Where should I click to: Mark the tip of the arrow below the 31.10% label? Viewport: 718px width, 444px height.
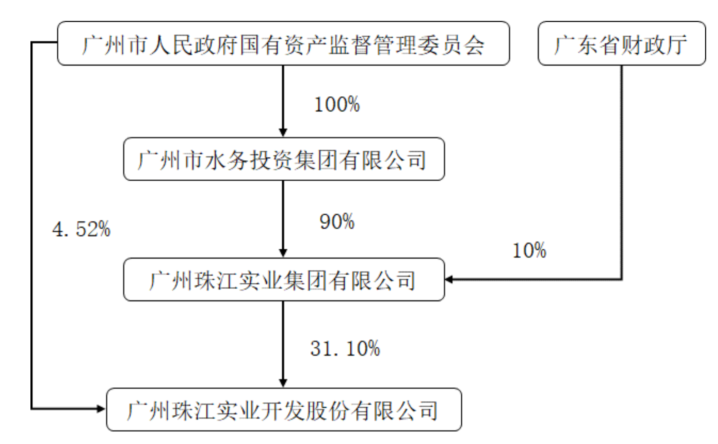coord(283,387)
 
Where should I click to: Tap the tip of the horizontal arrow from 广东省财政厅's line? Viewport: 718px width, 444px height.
coord(445,280)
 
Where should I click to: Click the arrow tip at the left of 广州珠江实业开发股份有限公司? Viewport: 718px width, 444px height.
coord(105,409)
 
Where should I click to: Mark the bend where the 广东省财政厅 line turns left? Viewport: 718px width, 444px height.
coord(622,280)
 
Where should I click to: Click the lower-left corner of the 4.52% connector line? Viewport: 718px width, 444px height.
coord(31,409)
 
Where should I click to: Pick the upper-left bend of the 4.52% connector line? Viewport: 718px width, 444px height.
coord(31,42)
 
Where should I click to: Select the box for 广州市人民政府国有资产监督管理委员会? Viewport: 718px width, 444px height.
coord(284,44)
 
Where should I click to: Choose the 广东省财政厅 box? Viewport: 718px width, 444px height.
coord(622,44)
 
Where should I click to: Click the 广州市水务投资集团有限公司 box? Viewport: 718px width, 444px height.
coord(284,159)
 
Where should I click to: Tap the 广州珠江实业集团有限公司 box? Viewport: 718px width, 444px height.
coord(284,280)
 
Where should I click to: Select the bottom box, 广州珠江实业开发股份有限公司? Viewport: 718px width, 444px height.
coord(284,409)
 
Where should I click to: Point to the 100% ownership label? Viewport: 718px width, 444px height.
coord(337,104)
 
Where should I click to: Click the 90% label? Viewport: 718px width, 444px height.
coord(337,222)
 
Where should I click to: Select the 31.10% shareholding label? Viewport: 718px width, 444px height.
coord(345,348)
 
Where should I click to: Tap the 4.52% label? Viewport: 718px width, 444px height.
coord(81,229)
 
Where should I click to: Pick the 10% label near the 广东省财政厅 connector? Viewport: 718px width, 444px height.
coord(529,250)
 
